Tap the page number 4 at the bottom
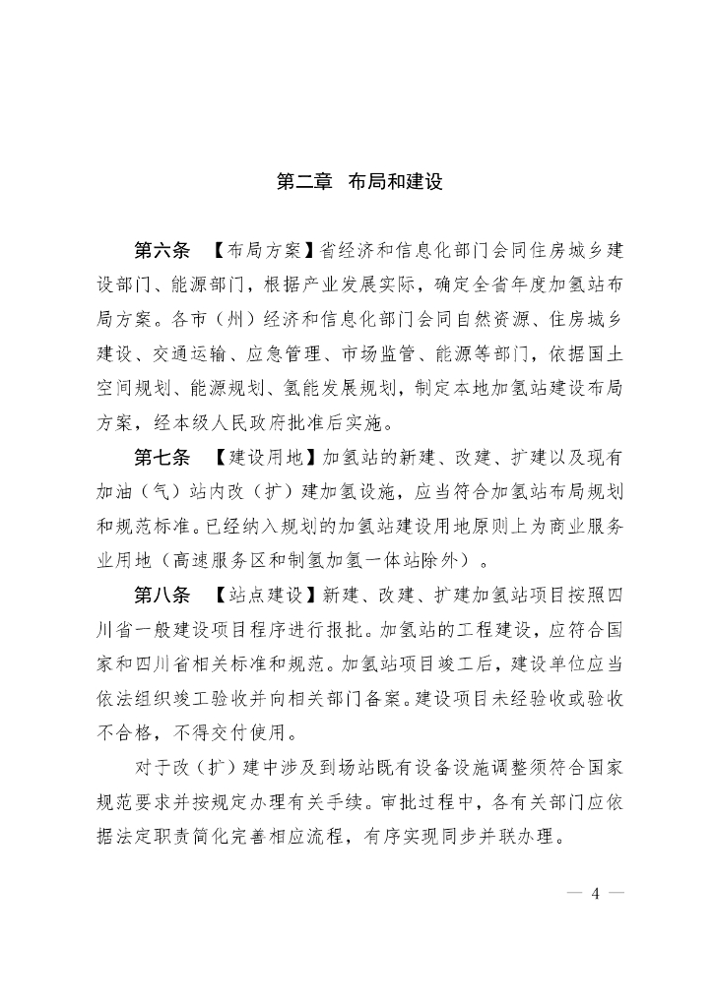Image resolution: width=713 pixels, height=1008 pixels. (596, 894)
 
